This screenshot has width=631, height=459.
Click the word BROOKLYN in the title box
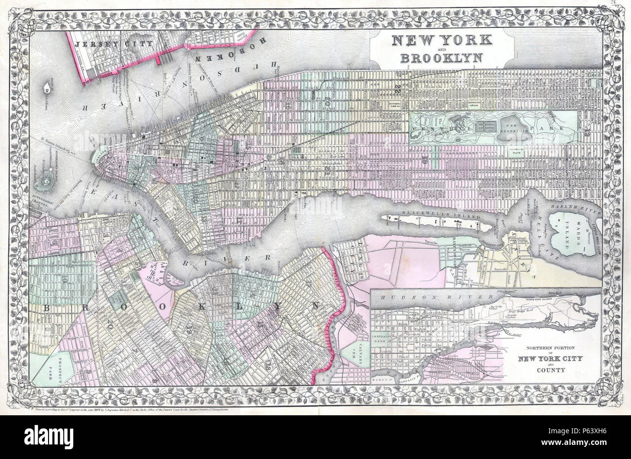tap(441, 58)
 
